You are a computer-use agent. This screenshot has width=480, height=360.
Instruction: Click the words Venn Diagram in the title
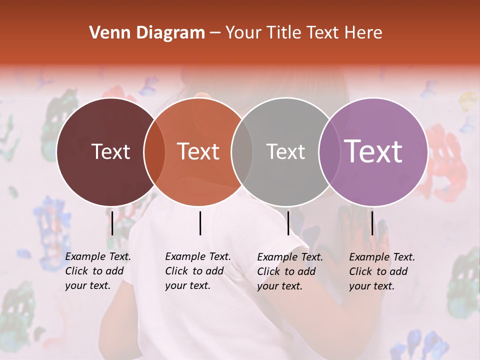point(147,33)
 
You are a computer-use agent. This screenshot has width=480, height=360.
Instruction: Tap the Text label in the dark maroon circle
point(110,151)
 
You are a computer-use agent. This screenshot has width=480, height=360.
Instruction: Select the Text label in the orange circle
point(198,151)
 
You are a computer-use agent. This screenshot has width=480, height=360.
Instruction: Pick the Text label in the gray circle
point(285,151)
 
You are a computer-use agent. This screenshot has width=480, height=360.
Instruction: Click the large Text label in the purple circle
point(373,151)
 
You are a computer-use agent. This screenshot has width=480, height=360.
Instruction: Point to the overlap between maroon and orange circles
point(154,151)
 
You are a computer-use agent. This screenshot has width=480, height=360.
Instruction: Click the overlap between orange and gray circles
point(242,151)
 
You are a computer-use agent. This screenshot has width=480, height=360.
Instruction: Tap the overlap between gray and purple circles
point(329,151)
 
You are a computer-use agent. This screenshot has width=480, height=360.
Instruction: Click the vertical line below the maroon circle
point(112,223)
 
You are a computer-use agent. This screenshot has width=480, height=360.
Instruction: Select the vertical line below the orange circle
point(200,223)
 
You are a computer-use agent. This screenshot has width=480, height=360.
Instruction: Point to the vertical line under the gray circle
point(288,223)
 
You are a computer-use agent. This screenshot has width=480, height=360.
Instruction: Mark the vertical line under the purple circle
point(372,223)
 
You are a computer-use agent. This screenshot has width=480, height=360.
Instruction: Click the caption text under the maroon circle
point(97,271)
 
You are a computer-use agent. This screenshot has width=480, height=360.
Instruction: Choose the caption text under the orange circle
point(197,271)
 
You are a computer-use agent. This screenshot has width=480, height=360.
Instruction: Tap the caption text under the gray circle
point(289,271)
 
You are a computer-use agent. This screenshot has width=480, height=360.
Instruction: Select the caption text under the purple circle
point(381,271)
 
